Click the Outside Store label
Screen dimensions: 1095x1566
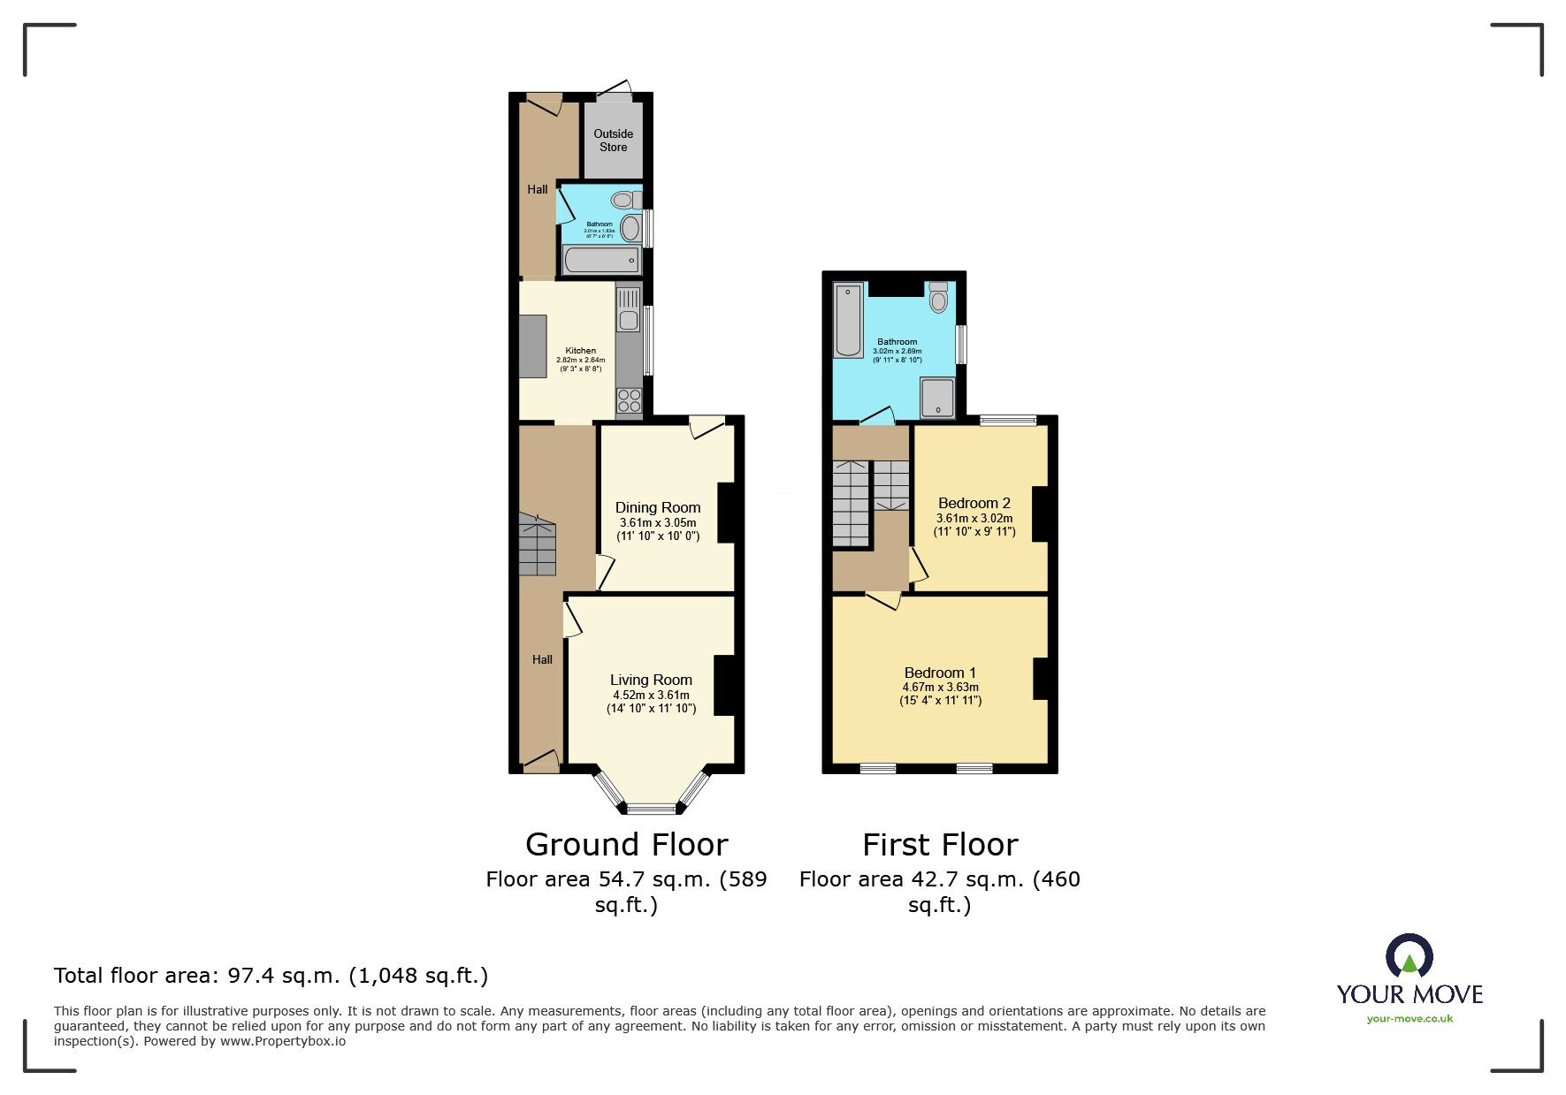click(x=613, y=141)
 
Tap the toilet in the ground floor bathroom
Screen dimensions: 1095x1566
click(x=625, y=201)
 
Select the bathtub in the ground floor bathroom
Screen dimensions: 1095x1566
click(x=601, y=260)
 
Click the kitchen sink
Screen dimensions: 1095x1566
click(x=628, y=320)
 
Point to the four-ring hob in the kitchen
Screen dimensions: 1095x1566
click(x=629, y=400)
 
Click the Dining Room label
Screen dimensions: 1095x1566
click(x=658, y=507)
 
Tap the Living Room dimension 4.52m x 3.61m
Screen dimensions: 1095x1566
click(x=651, y=695)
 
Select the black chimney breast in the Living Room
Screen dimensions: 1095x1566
click(x=724, y=685)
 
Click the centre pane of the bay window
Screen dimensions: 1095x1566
click(x=651, y=808)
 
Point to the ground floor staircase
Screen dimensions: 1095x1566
click(x=537, y=545)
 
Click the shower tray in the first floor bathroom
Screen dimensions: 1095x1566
click(x=937, y=398)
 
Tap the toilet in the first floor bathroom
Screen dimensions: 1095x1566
click(x=938, y=298)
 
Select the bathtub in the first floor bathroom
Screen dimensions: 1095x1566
click(x=848, y=320)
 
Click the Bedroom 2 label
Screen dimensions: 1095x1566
click(x=974, y=503)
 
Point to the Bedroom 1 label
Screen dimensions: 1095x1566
click(x=939, y=673)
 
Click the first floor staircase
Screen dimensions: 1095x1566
click(x=851, y=504)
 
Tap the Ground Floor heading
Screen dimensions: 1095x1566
click(x=626, y=845)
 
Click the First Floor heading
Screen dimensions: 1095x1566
click(x=940, y=845)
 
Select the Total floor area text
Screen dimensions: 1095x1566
click(x=271, y=976)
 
